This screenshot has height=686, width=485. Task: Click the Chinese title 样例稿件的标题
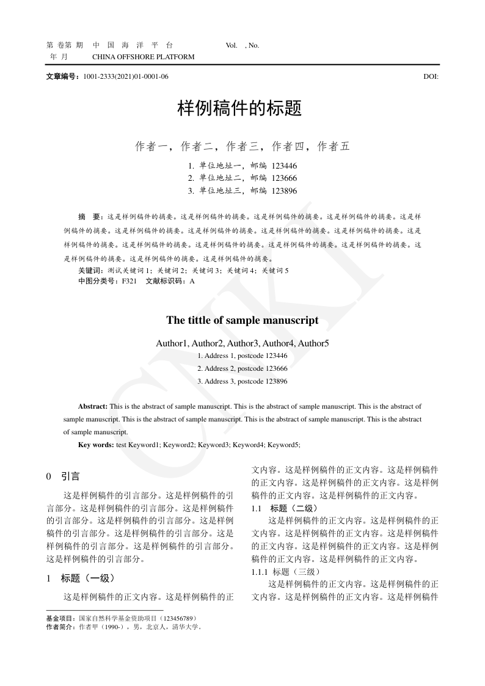click(239, 109)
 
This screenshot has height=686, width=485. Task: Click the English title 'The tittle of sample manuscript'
click(242, 321)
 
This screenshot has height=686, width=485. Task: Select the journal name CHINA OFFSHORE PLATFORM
click(143, 57)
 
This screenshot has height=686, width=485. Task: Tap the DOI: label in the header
click(431, 77)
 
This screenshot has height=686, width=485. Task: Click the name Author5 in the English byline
click(313, 344)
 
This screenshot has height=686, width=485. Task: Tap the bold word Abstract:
click(93, 406)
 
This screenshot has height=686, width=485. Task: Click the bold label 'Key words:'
click(96, 445)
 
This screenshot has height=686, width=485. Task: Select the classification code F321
click(129, 282)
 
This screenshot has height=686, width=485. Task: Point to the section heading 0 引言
click(63, 476)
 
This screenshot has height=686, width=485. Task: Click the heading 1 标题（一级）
click(81, 578)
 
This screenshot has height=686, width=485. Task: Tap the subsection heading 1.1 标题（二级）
click(285, 509)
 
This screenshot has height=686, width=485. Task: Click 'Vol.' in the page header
click(232, 45)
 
